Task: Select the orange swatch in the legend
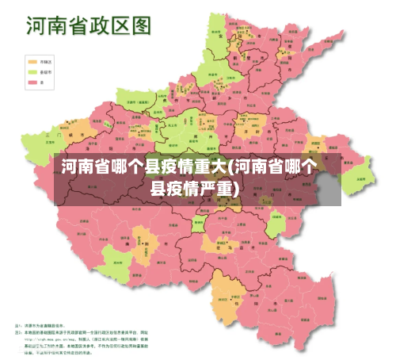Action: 32,60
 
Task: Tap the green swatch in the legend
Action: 32,71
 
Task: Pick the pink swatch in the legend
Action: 32,81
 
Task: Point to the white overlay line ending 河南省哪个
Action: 190,167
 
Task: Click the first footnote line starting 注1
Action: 48,327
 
